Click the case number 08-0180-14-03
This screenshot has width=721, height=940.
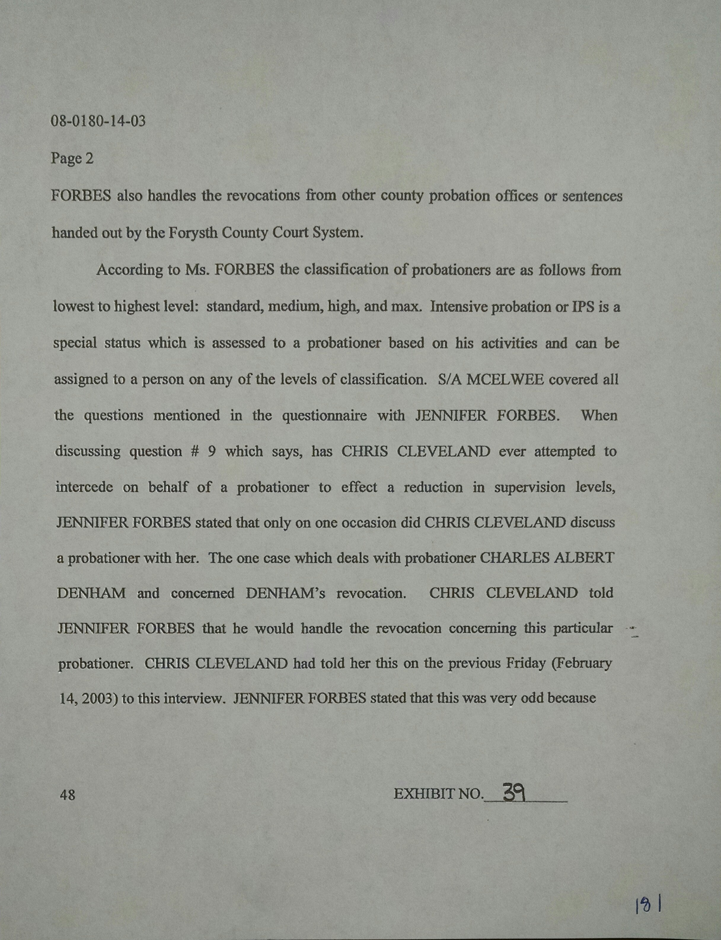pyautogui.click(x=98, y=122)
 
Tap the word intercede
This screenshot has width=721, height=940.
pyautogui.click(x=84, y=487)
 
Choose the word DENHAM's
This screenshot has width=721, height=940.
pyautogui.click(x=285, y=593)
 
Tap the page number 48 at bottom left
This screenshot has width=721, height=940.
pyautogui.click(x=67, y=795)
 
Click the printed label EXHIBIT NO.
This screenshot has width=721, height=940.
pyautogui.click(x=438, y=794)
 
